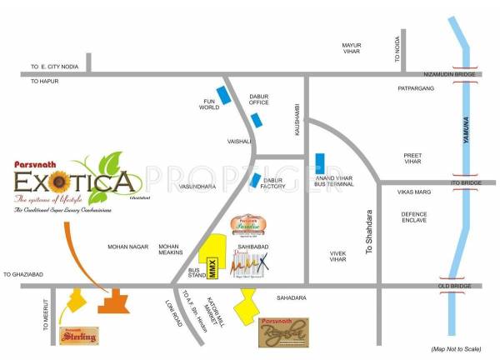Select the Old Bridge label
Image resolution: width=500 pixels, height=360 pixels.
[x=466, y=287]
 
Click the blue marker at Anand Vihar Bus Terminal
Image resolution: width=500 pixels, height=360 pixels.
[x=320, y=164]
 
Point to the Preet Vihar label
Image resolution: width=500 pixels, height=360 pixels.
[x=413, y=158]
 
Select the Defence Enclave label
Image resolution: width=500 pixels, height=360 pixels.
[x=414, y=217]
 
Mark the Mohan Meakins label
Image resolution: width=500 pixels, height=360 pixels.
[x=169, y=251]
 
